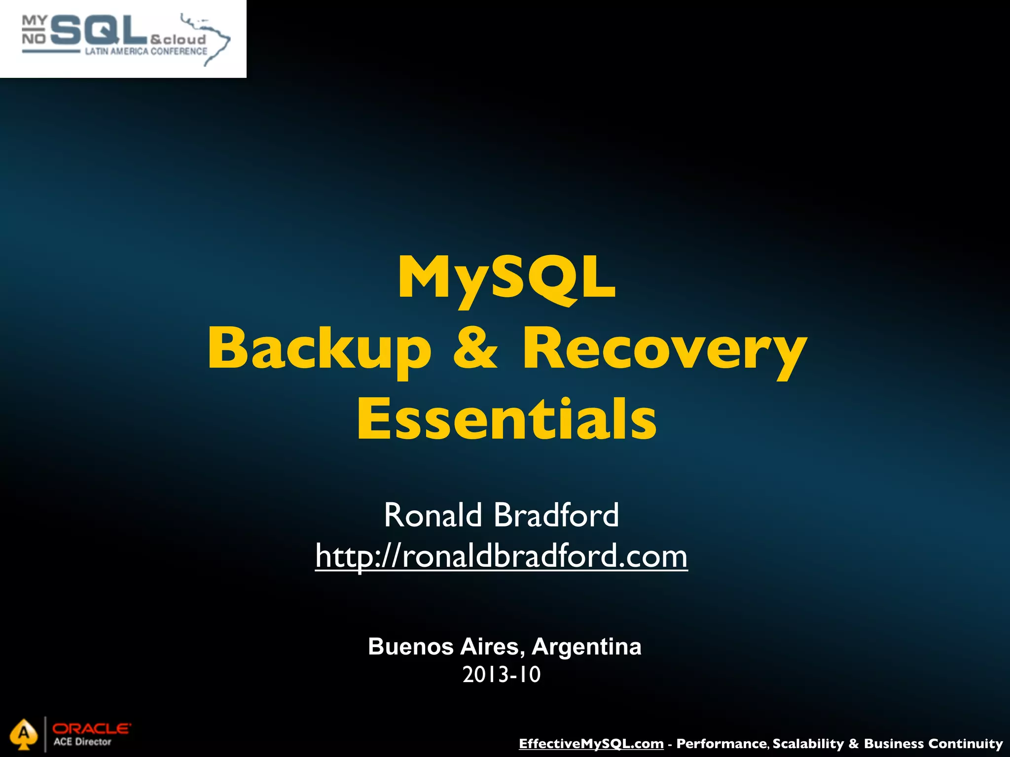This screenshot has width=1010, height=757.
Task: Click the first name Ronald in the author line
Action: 433,515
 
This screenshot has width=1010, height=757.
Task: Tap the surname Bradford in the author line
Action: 556,515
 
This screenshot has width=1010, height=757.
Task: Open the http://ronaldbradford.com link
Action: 501,556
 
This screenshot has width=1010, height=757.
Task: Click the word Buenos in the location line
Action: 411,647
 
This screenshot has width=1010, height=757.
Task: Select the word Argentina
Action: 586,647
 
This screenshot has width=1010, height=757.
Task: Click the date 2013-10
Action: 502,675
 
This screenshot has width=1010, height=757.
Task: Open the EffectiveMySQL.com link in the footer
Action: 591,743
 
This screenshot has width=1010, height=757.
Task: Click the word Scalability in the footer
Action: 808,743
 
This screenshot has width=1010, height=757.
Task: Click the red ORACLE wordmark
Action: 92,728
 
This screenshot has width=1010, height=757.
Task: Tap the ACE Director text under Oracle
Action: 82,742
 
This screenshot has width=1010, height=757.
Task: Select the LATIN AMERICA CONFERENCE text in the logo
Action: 146,51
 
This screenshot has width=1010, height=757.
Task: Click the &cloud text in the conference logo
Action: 178,39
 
